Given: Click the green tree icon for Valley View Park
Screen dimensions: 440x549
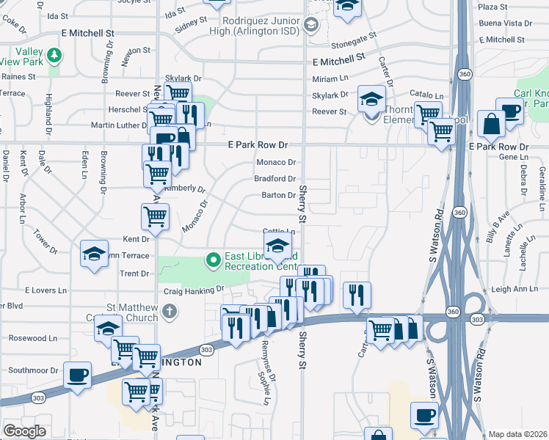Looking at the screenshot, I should click(54, 56).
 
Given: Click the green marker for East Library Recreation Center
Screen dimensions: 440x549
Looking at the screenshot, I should click(213, 260).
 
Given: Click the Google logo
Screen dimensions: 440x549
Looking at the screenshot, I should click(25, 431).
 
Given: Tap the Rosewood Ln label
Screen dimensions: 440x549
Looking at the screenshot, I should click(32, 339).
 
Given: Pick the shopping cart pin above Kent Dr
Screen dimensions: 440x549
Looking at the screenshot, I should click(155, 216).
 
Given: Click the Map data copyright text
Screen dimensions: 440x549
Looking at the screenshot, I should click(517, 434).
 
